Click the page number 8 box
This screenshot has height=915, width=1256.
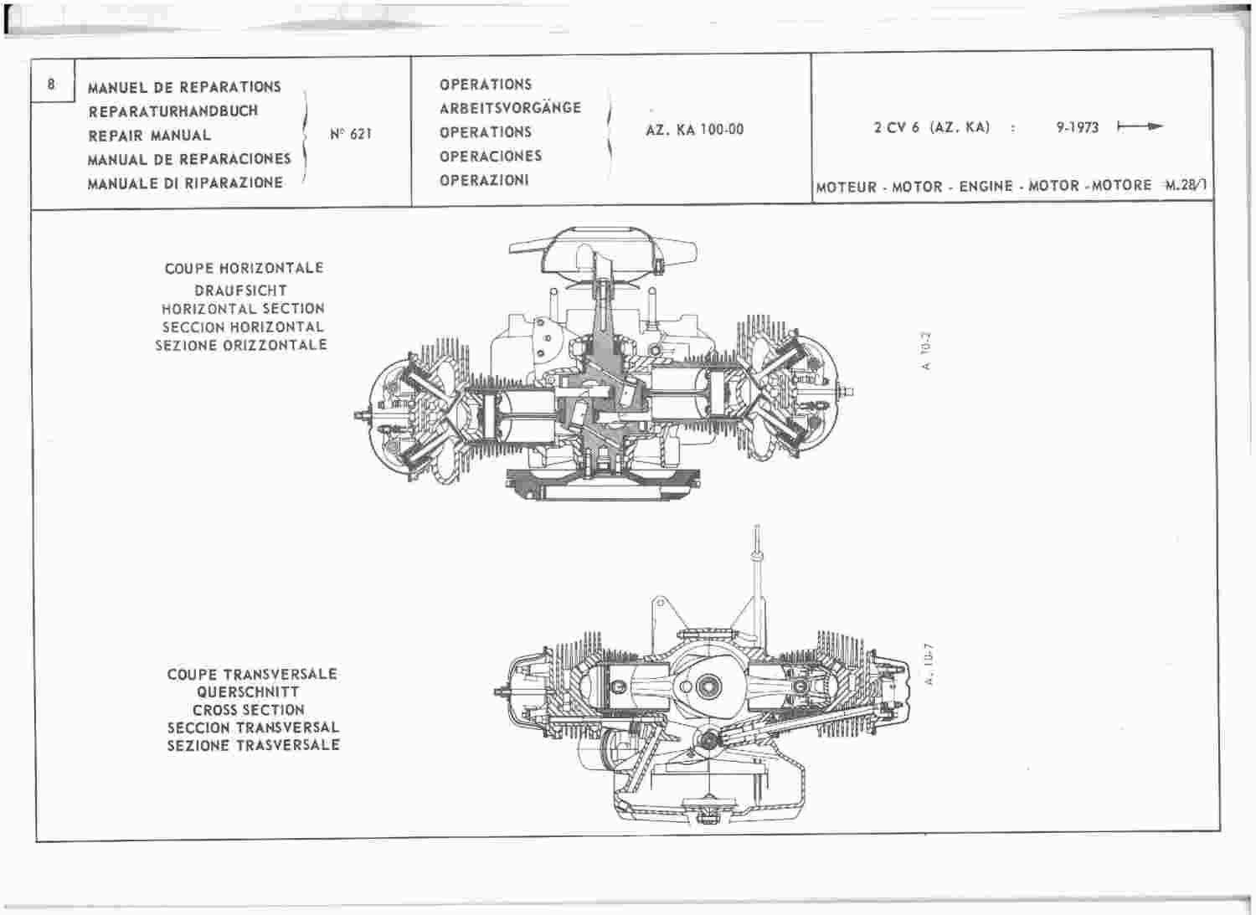pos(52,81)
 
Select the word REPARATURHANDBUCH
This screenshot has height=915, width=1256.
pos(173,111)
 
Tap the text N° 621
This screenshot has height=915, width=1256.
pos(351,134)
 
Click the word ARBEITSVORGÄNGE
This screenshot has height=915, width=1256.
pos(510,108)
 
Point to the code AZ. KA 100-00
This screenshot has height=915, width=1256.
pos(695,130)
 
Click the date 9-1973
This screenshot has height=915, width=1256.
pos(1078,128)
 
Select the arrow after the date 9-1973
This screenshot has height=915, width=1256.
pos(1140,126)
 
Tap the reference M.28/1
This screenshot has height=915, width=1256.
pos(1186,185)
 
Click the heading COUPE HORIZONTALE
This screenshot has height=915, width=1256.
pos(244,268)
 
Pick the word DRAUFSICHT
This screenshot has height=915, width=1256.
pos(241,290)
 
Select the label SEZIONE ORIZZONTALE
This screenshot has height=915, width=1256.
pos(241,345)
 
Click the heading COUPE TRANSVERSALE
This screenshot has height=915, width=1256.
pos(252,674)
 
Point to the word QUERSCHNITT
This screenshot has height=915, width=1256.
pos(249,691)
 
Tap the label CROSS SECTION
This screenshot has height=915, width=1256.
pos(249,710)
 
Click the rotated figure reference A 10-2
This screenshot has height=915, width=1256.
pos(925,351)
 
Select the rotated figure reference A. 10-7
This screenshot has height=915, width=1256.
pos(929,665)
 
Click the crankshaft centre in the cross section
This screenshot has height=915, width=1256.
pos(707,686)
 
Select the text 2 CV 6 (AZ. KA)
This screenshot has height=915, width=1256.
pos(931,128)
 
